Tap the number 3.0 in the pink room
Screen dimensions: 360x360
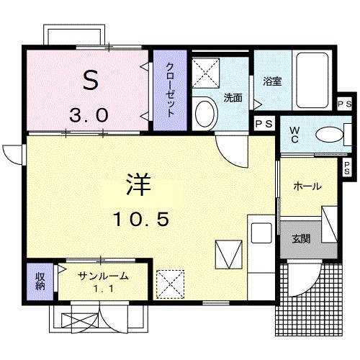(x=89, y=114)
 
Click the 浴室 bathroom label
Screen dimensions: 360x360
(x=271, y=81)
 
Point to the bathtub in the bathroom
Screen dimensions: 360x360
(x=312, y=81)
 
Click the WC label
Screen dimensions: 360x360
(x=295, y=134)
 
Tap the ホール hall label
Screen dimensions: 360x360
(x=307, y=186)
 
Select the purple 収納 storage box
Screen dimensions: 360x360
(x=40, y=282)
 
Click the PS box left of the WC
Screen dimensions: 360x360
(x=264, y=124)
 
